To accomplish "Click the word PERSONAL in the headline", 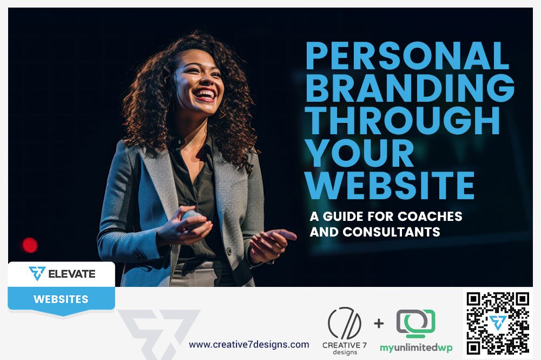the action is point(408,56).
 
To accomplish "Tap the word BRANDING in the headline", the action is point(410,88).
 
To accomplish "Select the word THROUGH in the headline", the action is point(403,121).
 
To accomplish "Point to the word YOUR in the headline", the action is point(360,153).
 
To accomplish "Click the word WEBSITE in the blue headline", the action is point(390,186).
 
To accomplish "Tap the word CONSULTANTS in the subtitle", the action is point(391,232).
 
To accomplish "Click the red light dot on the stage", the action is point(30,245).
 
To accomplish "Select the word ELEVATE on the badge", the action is point(72,274).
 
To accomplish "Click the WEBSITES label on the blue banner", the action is point(61,299).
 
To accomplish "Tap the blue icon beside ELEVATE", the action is point(37,273).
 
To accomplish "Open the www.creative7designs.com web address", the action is point(249,344).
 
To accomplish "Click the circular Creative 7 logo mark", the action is point(345,323).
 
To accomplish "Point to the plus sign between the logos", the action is point(379,323).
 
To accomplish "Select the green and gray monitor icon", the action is point(415,324).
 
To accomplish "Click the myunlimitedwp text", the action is point(416,348).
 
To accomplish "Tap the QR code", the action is point(498,323).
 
